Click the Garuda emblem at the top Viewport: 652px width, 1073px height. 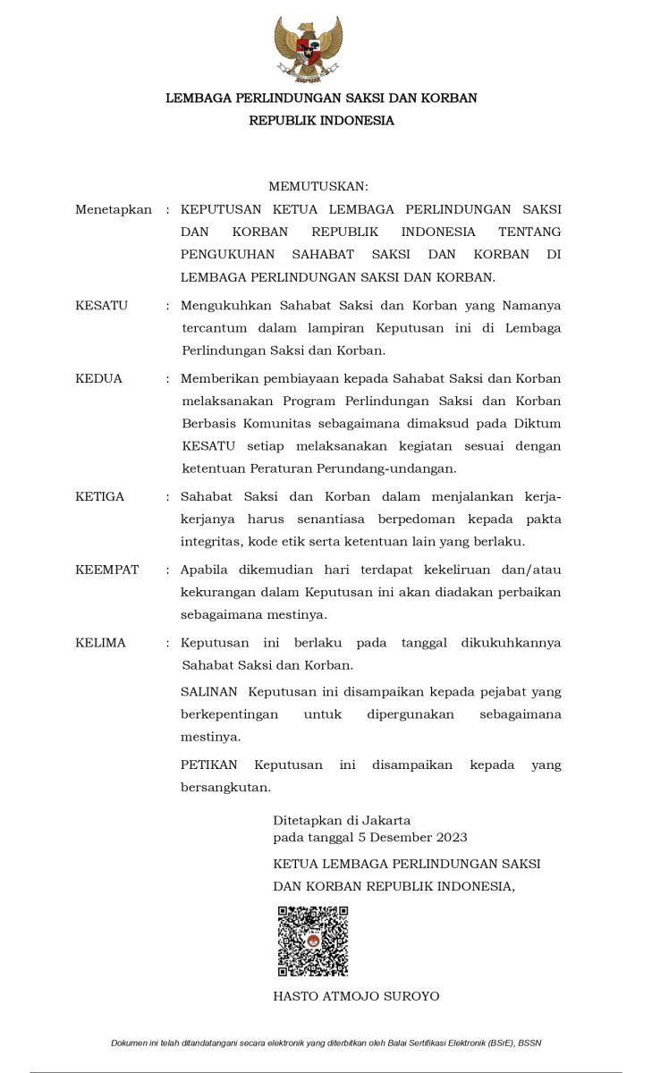coord(309,49)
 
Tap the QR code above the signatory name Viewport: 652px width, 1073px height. coord(312,941)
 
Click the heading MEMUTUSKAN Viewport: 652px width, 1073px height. coord(318,186)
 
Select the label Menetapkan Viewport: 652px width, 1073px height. coord(114,209)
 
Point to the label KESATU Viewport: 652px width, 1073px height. coord(102,306)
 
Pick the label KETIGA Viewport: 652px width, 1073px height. coord(100,496)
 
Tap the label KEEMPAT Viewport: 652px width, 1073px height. coord(107,570)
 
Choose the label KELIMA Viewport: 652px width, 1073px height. coord(101,643)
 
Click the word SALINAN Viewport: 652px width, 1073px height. coord(209,692)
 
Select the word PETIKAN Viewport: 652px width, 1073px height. coord(209,765)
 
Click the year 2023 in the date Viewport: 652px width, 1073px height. coord(452,838)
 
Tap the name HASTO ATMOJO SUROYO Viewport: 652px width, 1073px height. coord(356,996)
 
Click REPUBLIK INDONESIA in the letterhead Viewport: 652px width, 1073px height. coord(321,121)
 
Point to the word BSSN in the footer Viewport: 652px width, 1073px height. coord(553,1043)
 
